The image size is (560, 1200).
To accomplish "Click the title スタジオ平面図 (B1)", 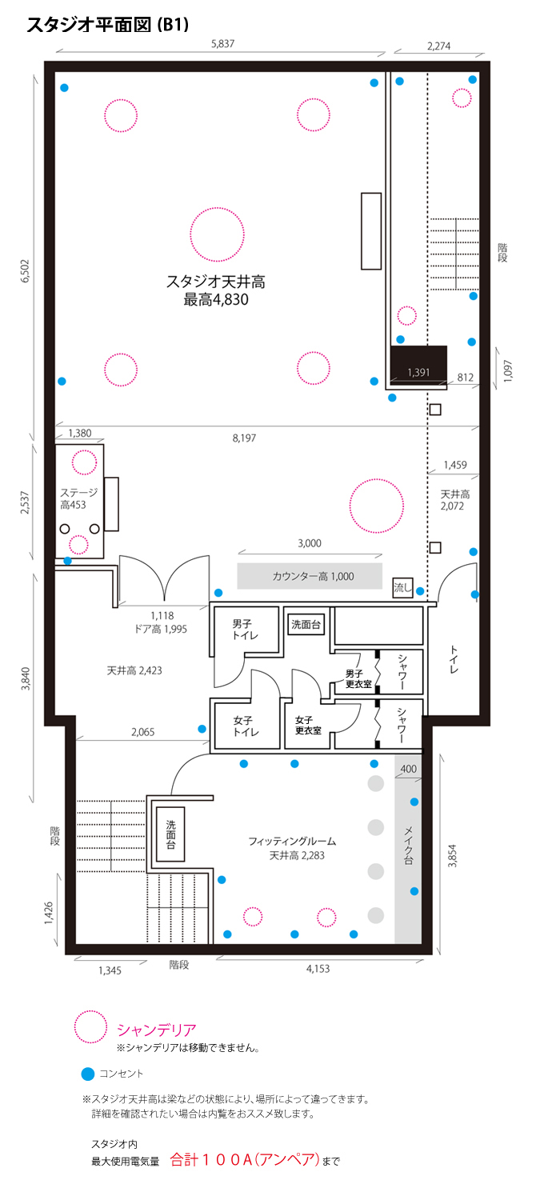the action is coord(108,25).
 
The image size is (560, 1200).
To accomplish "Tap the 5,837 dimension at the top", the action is coord(222,44).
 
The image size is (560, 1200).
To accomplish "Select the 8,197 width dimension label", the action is coord(244,438).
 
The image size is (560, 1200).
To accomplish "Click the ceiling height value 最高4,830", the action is coord(216,299).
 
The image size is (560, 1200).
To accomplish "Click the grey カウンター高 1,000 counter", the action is coord(310,577).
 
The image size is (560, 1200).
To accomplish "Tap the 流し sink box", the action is coord(402,588).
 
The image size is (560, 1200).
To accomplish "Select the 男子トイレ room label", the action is coord(245,630).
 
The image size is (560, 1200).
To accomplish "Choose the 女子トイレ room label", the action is coord(246,726).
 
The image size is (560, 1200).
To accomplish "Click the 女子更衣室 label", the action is coord(308,726).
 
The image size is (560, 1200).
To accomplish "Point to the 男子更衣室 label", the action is coord(358,678).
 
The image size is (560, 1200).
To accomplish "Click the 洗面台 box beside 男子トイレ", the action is coord(306,624).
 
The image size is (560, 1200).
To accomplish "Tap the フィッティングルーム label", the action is coord(292,841).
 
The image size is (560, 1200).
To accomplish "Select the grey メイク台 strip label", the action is coord(408,846).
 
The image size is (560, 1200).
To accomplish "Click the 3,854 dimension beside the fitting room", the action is coord(452,855).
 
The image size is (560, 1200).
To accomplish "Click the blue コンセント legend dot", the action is coord(88,1074).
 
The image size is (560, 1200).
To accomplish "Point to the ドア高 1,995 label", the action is coord(161,630).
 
